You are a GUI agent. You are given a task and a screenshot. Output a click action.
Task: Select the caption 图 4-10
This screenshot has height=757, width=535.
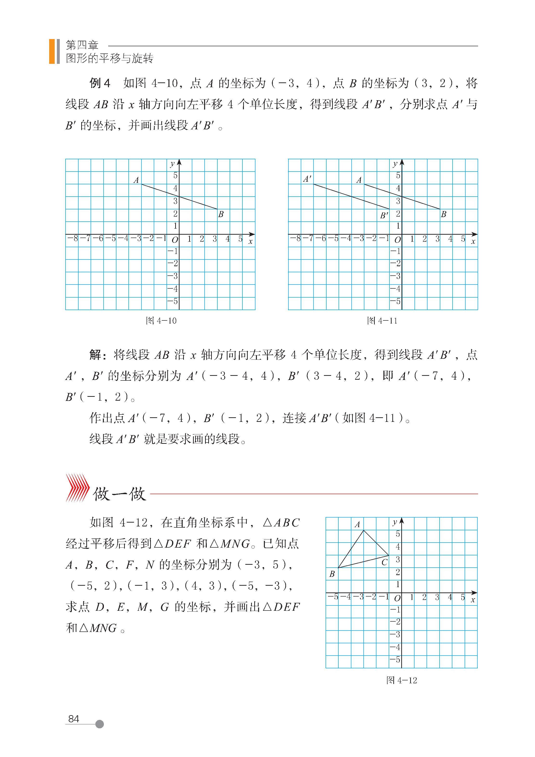click(x=161, y=320)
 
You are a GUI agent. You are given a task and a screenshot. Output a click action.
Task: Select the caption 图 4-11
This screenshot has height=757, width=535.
click(x=382, y=320)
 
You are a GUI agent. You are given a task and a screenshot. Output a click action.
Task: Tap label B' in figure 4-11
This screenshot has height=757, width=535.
click(x=384, y=216)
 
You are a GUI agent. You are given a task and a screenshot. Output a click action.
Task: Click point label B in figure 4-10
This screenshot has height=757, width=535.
click(x=221, y=214)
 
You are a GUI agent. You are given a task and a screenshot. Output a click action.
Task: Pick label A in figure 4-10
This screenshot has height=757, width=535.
click(x=136, y=180)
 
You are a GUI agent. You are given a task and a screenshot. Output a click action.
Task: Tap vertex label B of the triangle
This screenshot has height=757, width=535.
click(x=332, y=574)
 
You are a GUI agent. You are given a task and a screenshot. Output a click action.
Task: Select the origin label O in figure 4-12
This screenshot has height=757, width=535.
click(x=397, y=598)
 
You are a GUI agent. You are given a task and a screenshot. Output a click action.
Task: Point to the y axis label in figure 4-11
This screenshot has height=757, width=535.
click(x=395, y=164)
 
